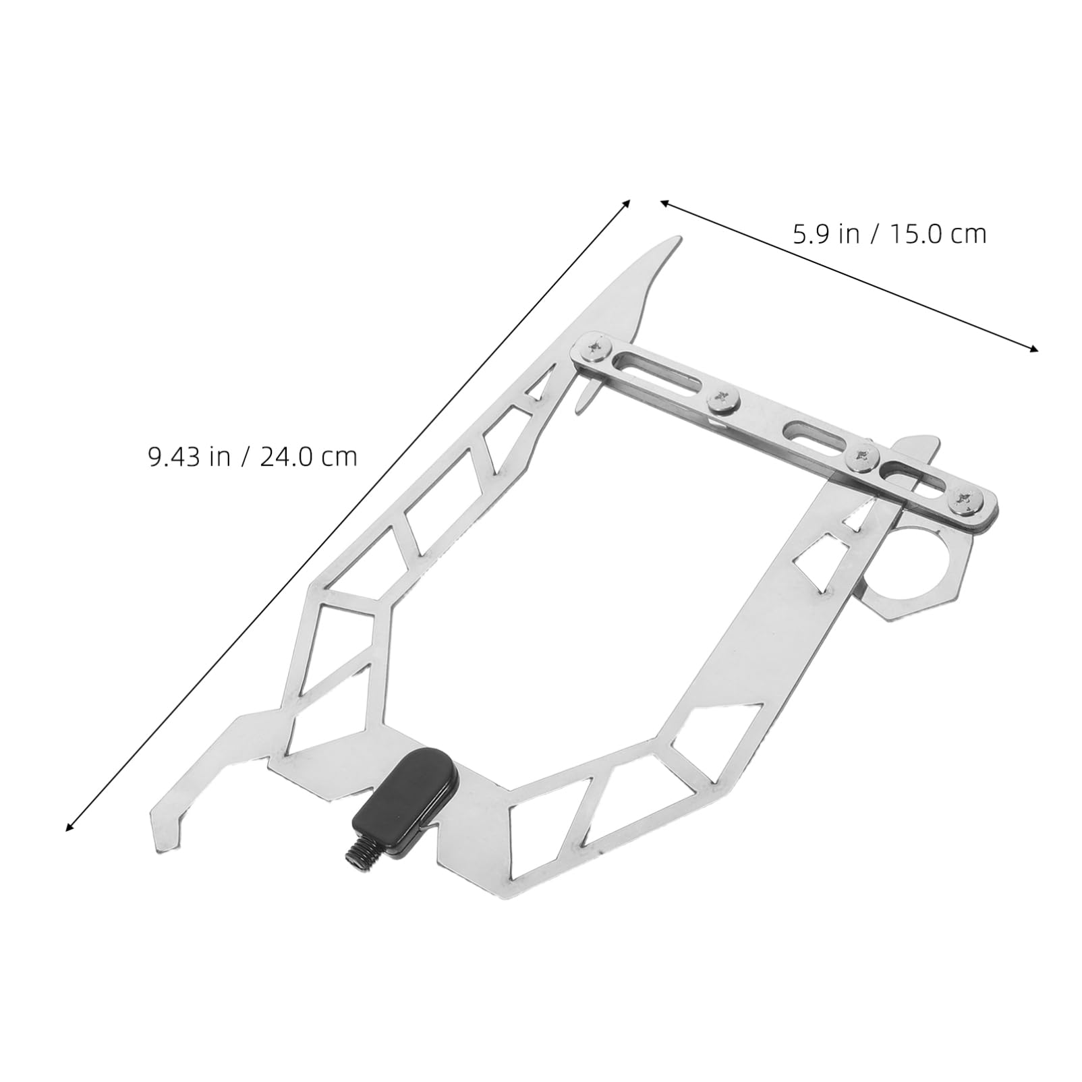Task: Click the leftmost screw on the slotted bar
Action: click(594, 349)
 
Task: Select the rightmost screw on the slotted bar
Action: click(962, 500)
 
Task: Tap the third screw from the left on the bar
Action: click(862, 457)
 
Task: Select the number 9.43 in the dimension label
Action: click(175, 457)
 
